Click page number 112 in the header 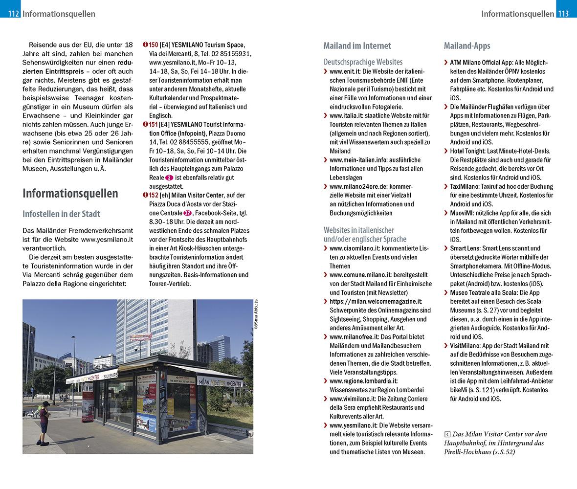[13, 14]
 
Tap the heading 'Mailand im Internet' [357, 46]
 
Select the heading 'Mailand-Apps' [466, 46]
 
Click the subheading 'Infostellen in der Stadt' [61, 214]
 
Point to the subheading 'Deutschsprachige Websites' [363, 62]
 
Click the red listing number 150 [153, 45]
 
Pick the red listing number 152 [153, 195]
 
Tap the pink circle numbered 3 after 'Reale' [169, 178]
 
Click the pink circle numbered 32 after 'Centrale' [187, 213]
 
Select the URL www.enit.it [345, 71]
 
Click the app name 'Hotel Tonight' [467, 151]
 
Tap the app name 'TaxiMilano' [465, 186]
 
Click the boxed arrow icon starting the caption [447, 434]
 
